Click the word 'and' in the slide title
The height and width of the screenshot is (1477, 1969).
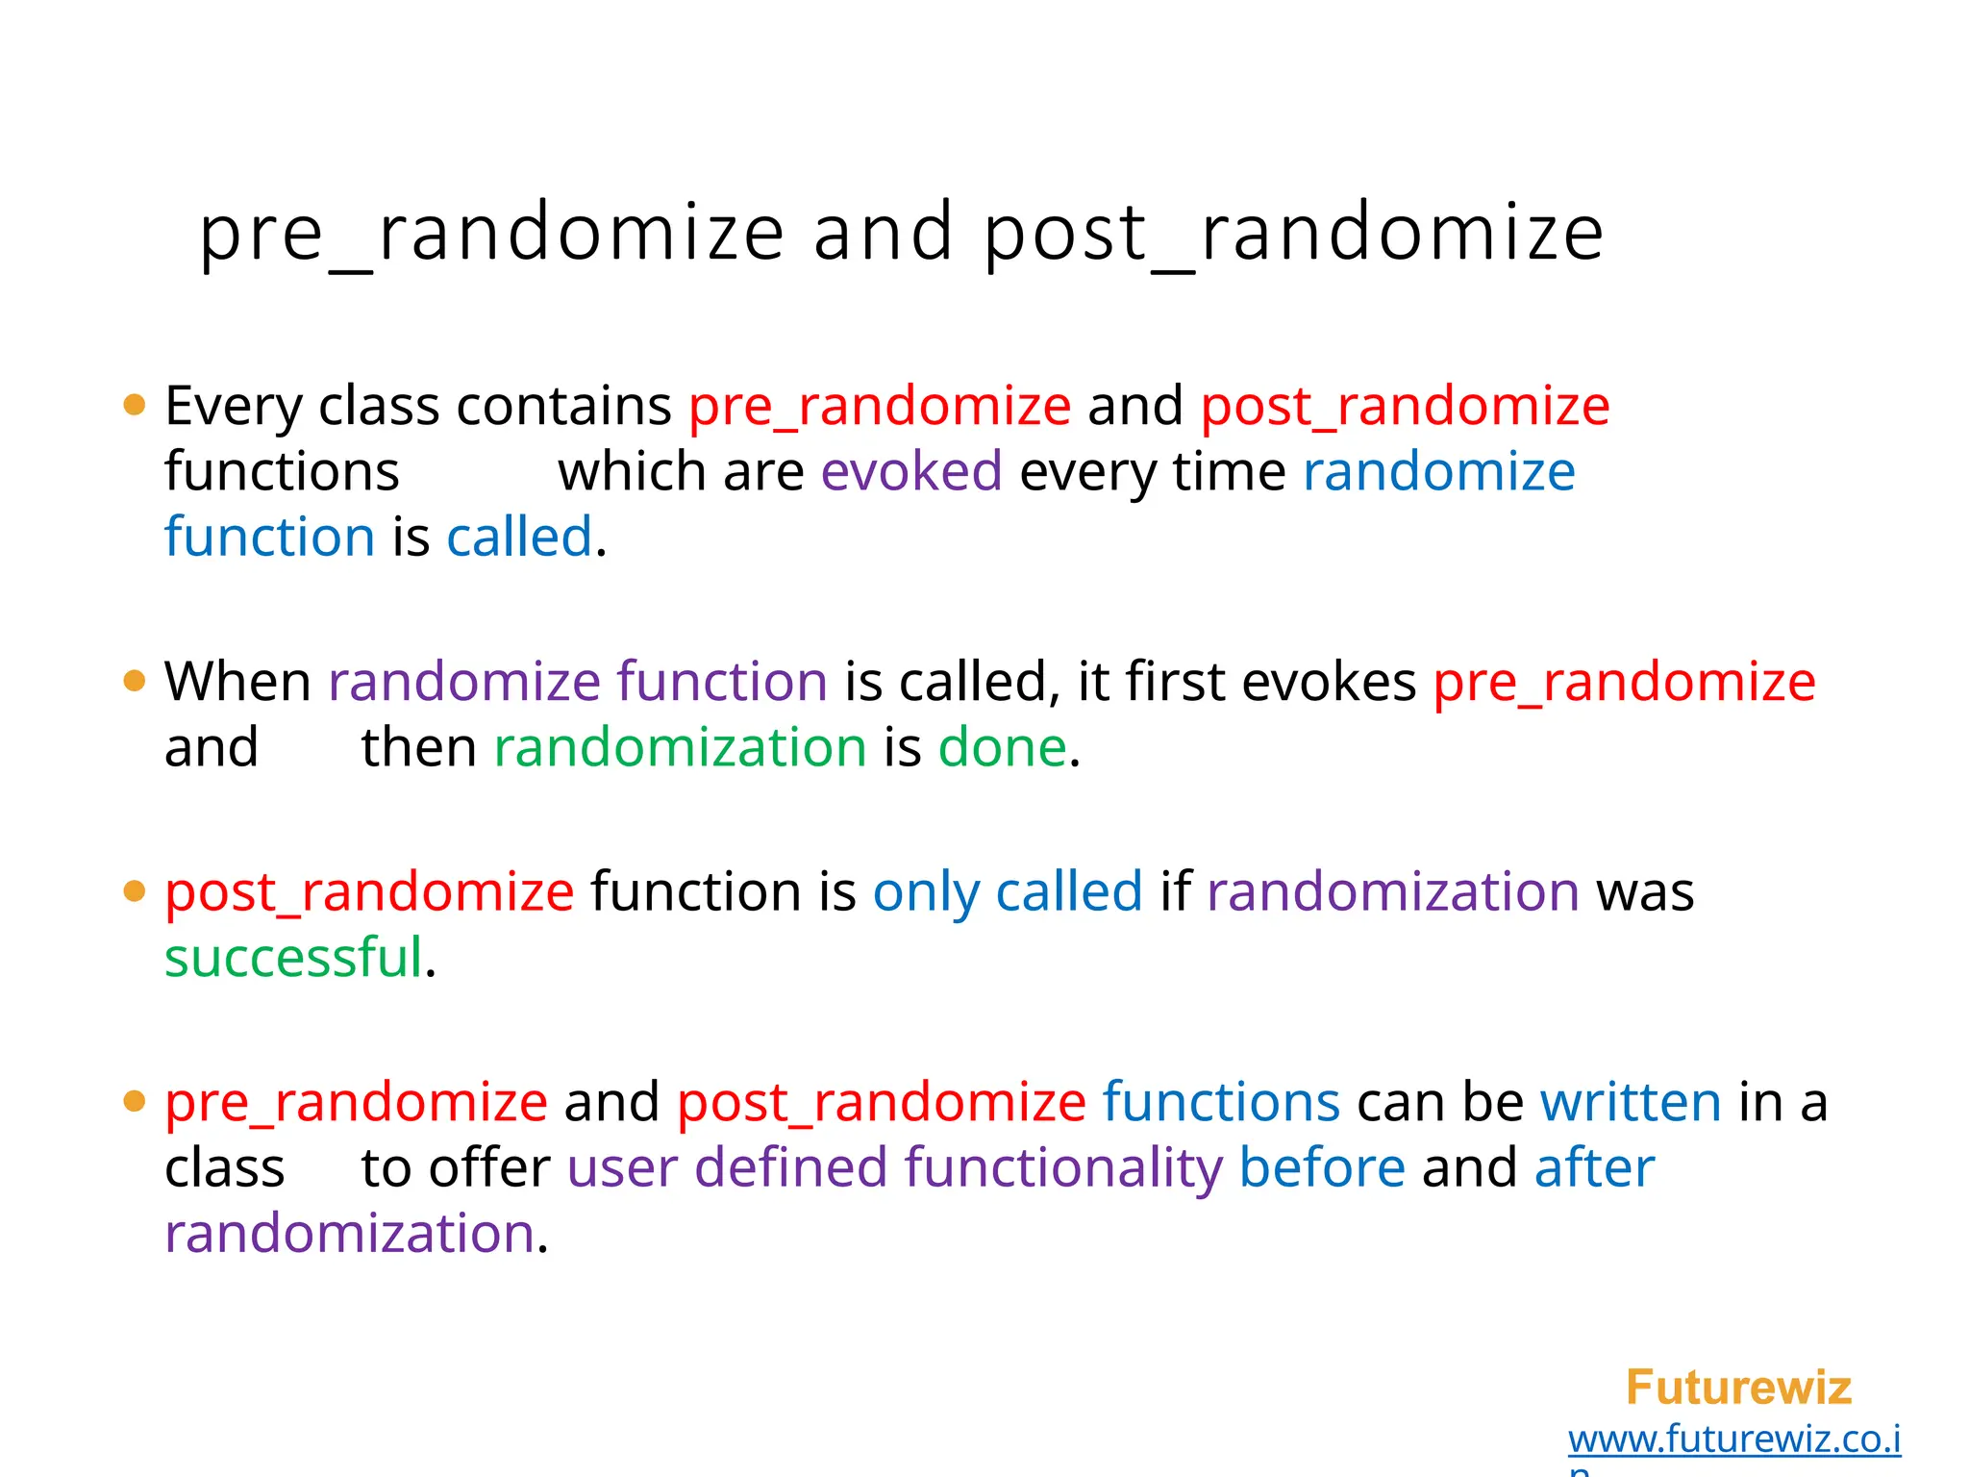pos(883,234)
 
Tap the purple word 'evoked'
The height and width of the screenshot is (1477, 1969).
pos(910,471)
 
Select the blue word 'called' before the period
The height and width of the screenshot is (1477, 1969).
pos(519,537)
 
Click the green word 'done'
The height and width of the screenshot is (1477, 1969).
pos(1002,747)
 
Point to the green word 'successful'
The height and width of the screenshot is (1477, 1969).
pos(293,958)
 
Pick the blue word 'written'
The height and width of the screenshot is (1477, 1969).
pos(1631,1101)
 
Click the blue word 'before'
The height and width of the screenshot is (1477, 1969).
pos(1322,1167)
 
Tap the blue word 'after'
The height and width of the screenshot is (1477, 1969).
pos(1594,1167)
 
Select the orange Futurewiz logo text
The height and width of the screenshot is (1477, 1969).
pos(1737,1387)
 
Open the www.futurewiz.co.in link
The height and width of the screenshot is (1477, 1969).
pos(1733,1439)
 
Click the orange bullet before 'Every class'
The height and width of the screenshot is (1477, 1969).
pos(135,405)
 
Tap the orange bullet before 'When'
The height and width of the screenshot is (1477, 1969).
pos(135,682)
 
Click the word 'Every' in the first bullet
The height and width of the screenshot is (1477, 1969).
pos(234,406)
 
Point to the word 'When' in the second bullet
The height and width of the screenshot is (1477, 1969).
pos(237,682)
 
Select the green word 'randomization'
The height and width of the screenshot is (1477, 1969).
pos(680,747)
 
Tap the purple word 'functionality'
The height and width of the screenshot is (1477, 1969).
pos(1062,1167)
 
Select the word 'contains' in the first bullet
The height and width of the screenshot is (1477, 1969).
pos(563,406)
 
